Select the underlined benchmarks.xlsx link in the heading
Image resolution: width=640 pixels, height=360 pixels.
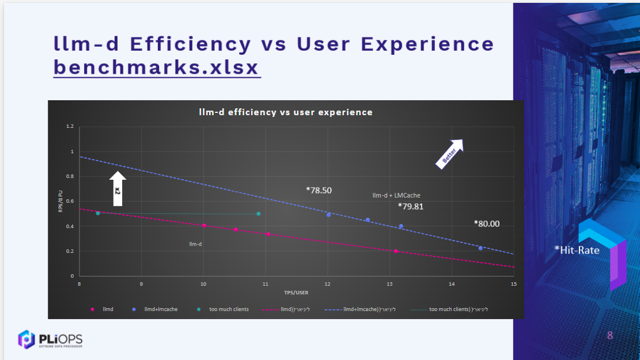(157, 67)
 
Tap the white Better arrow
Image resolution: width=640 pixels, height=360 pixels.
(450, 153)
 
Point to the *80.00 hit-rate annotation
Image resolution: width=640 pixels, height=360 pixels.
(487, 223)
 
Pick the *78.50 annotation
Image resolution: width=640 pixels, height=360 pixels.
(319, 190)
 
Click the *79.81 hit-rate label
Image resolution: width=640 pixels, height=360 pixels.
(411, 206)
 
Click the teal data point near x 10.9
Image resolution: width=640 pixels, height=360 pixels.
(259, 214)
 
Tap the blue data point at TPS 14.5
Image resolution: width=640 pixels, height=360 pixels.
(480, 248)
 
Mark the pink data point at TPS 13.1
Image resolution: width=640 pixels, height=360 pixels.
(396, 251)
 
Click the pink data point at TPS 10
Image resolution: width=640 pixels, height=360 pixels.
(204, 226)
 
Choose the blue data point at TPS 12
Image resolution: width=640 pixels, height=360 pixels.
(328, 215)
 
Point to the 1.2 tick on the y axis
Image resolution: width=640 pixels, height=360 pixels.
(70, 126)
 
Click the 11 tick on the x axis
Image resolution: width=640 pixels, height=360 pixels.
(266, 284)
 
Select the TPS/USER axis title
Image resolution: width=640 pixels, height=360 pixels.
(296, 293)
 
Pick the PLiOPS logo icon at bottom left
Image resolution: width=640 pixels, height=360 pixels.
(26, 339)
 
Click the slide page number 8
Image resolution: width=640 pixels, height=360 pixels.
(610, 335)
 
